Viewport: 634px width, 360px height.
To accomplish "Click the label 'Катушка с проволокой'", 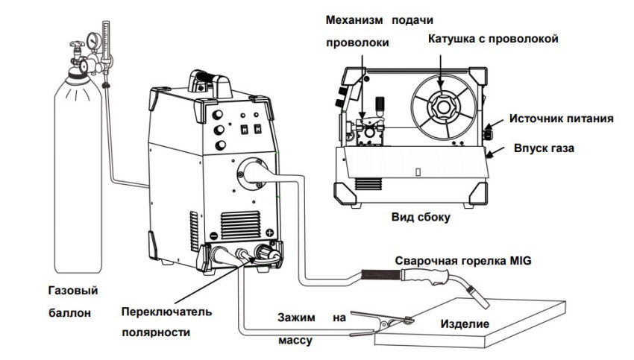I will pos(492,38).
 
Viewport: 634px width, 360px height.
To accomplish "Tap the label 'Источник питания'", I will pos(562,119).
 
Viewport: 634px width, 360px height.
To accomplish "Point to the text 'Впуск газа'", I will pos(543,148).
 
